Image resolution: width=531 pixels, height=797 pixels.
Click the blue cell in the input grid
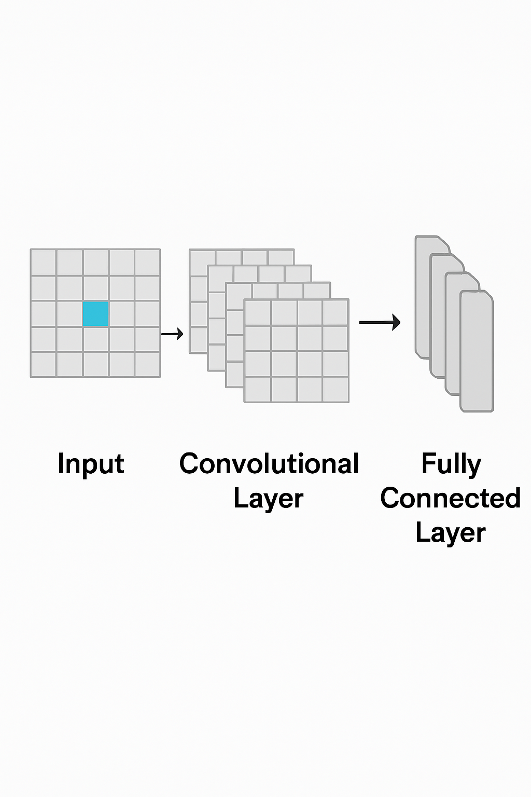pyautogui.click(x=95, y=314)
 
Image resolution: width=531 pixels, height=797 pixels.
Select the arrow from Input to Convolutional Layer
pyautogui.click(x=172, y=334)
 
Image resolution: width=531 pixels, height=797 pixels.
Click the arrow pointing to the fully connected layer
pyautogui.click(x=380, y=322)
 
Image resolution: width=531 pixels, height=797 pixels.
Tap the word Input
pyautogui.click(x=91, y=464)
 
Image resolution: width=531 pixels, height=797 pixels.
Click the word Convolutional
pyautogui.click(x=269, y=464)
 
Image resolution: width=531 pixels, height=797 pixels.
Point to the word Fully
pyautogui.click(x=451, y=464)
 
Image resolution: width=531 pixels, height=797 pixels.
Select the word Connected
pyautogui.click(x=450, y=498)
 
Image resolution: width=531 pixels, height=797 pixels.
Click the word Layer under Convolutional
pyautogui.click(x=268, y=498)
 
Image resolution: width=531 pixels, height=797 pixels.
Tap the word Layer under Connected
pyautogui.click(x=450, y=533)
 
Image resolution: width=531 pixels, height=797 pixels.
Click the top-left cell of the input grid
pyautogui.click(x=43, y=263)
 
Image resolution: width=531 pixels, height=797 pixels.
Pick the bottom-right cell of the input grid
pyautogui.click(x=147, y=364)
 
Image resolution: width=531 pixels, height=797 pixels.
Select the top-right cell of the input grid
pyautogui.click(x=147, y=263)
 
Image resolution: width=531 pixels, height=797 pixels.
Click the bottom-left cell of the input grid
pyautogui.click(x=43, y=364)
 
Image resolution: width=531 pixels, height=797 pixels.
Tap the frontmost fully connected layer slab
pyautogui.click(x=477, y=353)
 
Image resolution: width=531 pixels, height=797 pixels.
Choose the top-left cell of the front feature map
pyautogui.click(x=258, y=313)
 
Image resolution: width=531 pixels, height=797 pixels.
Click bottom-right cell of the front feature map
pyautogui.click(x=336, y=389)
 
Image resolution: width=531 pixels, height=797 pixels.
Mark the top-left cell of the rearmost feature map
pyautogui.click(x=202, y=258)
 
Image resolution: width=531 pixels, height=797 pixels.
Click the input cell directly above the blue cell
pyautogui.click(x=95, y=288)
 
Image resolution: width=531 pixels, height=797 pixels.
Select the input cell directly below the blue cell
pyautogui.click(x=95, y=339)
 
